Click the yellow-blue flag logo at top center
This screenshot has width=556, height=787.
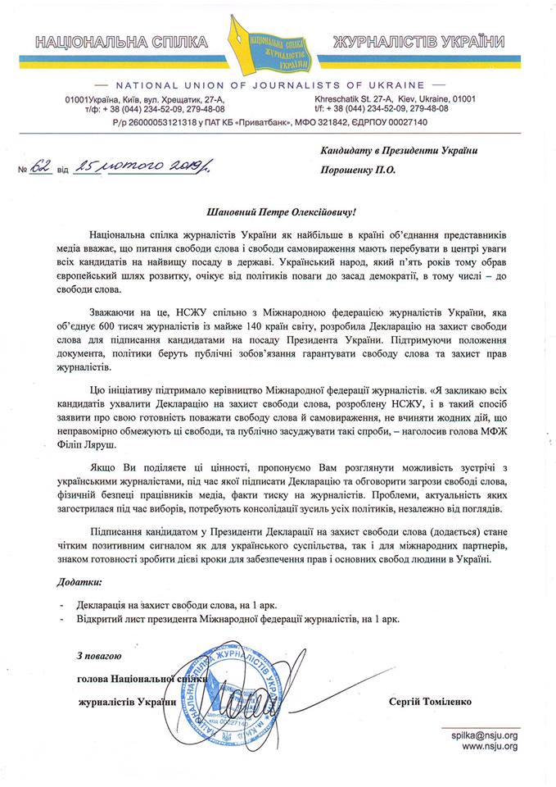pyautogui.click(x=277, y=44)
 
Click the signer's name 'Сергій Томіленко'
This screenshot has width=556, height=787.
pyautogui.click(x=436, y=702)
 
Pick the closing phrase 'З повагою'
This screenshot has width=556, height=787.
pyautogui.click(x=99, y=657)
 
